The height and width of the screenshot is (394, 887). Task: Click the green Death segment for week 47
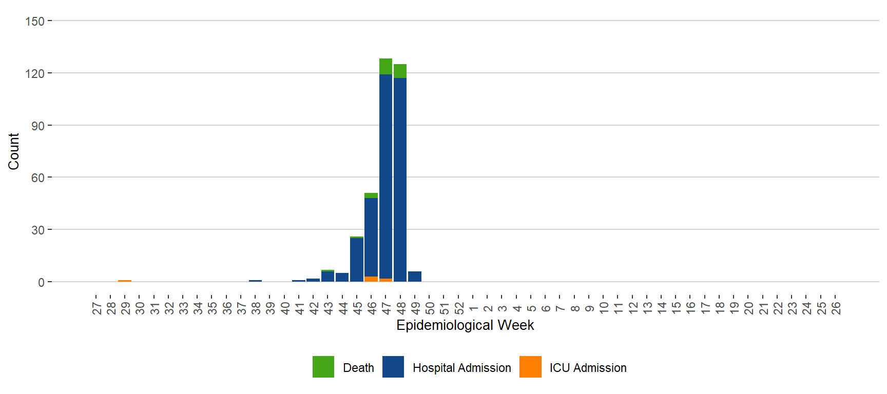(x=385, y=67)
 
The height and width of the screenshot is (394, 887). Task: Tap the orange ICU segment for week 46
(x=371, y=279)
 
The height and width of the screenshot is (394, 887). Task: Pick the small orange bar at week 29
(x=125, y=281)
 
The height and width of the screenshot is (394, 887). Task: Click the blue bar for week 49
(x=415, y=277)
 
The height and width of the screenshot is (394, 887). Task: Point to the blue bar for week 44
(x=342, y=277)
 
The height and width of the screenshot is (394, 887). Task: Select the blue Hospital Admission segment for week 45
(x=357, y=260)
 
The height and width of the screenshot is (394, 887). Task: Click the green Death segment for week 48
(x=400, y=71)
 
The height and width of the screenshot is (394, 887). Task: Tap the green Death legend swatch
(x=323, y=367)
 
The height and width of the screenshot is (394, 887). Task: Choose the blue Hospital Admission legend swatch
(x=393, y=367)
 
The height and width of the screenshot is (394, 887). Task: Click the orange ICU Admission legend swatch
(x=530, y=367)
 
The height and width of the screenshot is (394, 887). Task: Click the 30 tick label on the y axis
(x=38, y=230)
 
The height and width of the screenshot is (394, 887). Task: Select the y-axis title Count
(x=13, y=151)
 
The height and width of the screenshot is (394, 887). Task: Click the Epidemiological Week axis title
(x=465, y=325)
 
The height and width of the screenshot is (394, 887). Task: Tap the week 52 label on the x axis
(x=459, y=308)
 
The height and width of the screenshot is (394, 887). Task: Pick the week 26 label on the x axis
(x=836, y=308)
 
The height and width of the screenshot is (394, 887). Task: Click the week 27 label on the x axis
(x=97, y=308)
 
